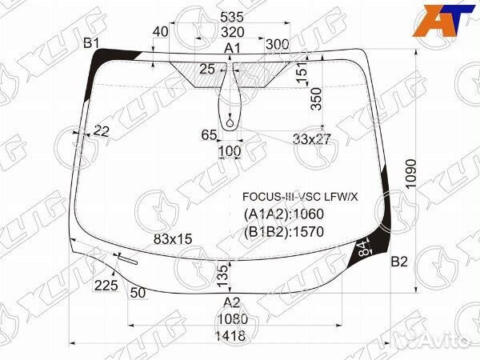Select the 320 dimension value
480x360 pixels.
tap(232, 32)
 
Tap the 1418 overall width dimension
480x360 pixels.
tap(230, 336)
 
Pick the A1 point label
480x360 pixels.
tap(232, 50)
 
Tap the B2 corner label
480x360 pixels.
tap(399, 262)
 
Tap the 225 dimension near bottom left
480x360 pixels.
tap(106, 286)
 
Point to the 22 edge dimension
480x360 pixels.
tap(102, 130)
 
